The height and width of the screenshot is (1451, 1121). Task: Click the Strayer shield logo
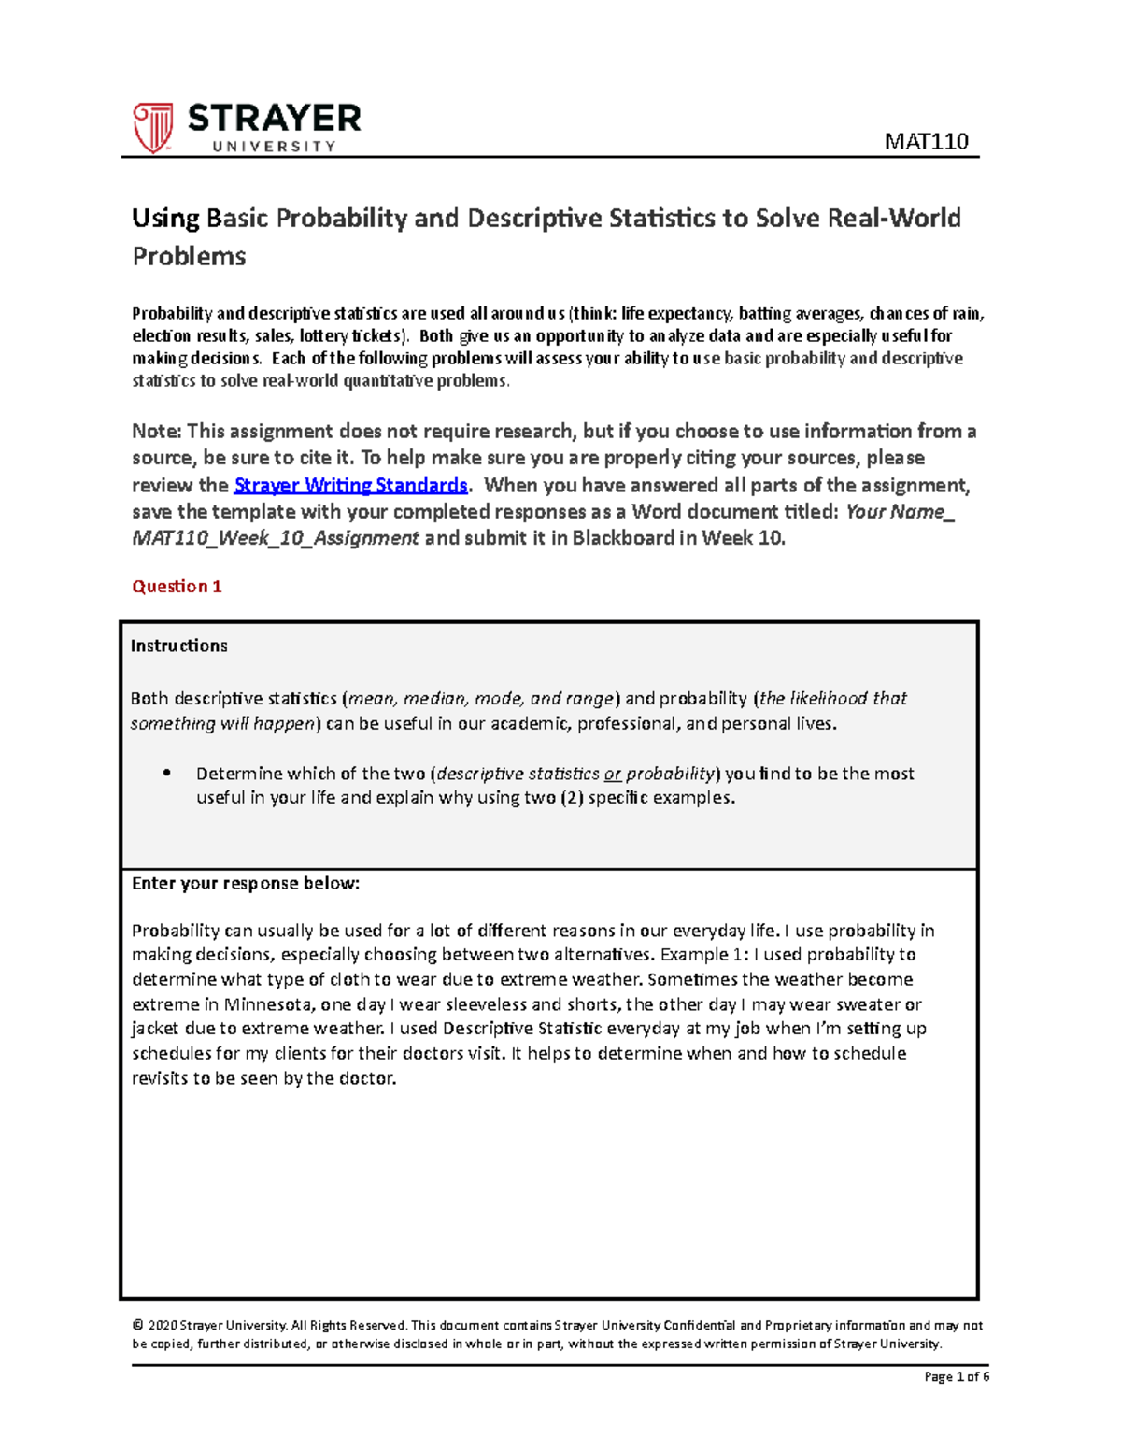pyautogui.click(x=152, y=128)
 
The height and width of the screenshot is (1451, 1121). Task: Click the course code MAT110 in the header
pyautogui.click(x=926, y=141)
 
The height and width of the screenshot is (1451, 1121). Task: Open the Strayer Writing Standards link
pyautogui.click(x=350, y=485)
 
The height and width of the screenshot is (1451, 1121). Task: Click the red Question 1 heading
pyautogui.click(x=177, y=587)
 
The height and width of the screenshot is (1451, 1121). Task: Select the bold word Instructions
pyautogui.click(x=178, y=646)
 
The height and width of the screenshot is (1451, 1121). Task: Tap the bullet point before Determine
pyautogui.click(x=167, y=773)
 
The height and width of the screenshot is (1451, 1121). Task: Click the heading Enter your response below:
pyautogui.click(x=245, y=883)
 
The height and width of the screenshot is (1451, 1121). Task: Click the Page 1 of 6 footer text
pyautogui.click(x=956, y=1376)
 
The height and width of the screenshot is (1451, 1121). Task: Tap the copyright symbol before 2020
pyautogui.click(x=137, y=1325)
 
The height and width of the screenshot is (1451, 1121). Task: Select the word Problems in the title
pyautogui.click(x=189, y=256)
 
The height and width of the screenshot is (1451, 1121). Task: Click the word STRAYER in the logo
pyautogui.click(x=274, y=119)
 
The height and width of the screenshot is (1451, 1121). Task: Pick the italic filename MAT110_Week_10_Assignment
pyautogui.click(x=276, y=538)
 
